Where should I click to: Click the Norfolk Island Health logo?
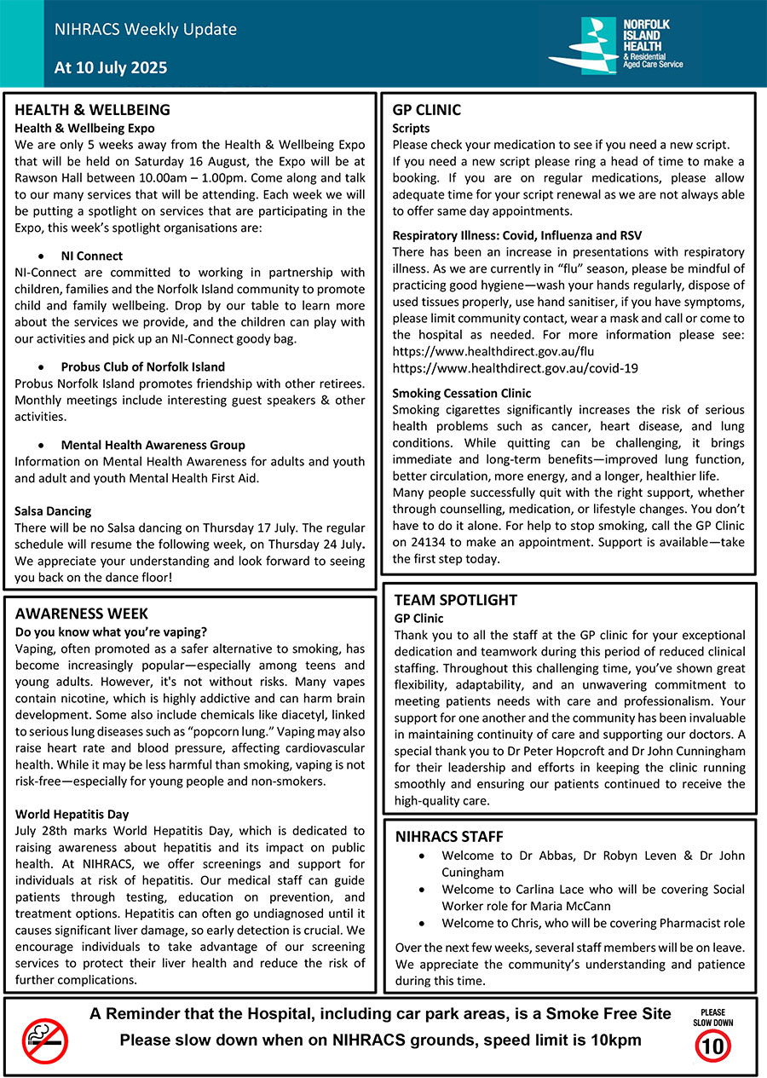(614, 45)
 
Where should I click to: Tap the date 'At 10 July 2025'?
(111, 67)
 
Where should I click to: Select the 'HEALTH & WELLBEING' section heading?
(92, 110)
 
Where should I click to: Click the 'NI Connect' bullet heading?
(91, 256)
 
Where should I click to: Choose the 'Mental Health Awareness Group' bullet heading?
(153, 445)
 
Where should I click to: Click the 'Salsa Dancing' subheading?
(53, 511)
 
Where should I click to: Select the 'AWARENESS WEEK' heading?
(82, 614)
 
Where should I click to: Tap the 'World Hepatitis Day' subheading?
(72, 814)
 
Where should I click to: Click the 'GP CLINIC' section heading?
(426, 110)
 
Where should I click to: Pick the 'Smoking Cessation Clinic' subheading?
(461, 393)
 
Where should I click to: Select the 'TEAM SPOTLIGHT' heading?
(455, 600)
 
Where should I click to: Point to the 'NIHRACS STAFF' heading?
(449, 837)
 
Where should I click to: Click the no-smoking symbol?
(45, 1041)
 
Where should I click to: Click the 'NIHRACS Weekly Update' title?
(145, 30)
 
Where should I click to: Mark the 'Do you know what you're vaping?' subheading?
(111, 631)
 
